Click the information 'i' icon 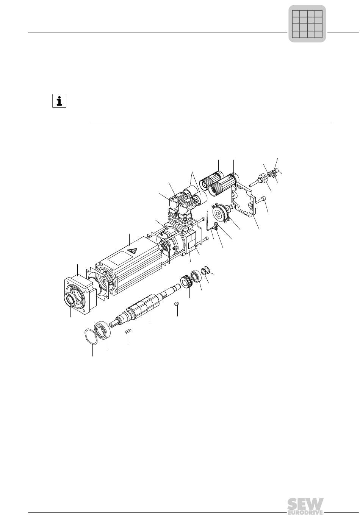pos(59,101)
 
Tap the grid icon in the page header pos(307,24)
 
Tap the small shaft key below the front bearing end pos(128,331)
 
